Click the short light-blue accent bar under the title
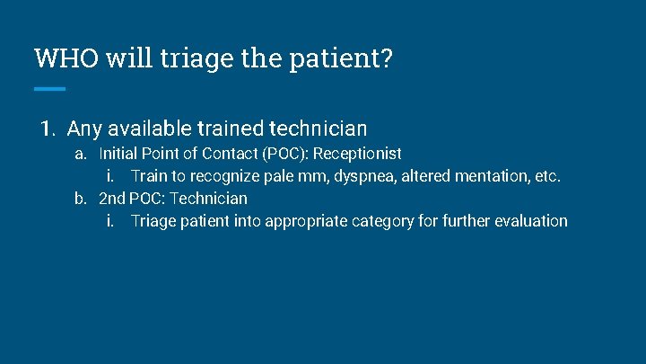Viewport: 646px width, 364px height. pos(49,88)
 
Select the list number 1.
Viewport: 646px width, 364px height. pos(48,129)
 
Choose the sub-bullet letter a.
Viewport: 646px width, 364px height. pos(81,154)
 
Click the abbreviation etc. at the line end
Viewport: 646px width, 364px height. pos(546,176)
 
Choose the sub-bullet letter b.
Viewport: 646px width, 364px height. pos(81,199)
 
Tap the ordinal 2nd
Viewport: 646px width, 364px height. pos(112,199)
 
